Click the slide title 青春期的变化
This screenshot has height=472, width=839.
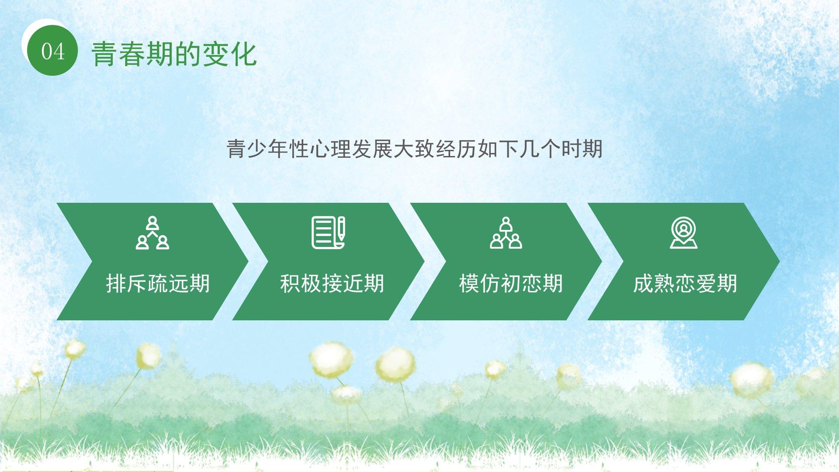point(174,54)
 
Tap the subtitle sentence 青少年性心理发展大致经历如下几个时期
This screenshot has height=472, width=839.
point(415,149)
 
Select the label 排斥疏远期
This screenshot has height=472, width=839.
point(158,283)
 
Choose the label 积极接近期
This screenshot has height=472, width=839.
point(332,283)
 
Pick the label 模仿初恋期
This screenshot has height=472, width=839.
point(511,283)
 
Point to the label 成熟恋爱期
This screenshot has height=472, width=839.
point(685,283)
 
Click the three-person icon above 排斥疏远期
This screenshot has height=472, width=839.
point(152,233)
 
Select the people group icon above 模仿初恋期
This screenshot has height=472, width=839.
point(506,233)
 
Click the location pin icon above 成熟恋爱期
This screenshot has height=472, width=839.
point(683,233)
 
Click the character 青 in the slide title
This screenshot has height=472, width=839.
point(105,54)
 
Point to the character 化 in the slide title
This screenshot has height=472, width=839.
point(243,54)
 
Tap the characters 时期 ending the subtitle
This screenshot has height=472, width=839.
point(582,149)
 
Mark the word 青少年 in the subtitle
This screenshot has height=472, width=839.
point(258,149)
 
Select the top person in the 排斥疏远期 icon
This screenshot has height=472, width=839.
point(152,222)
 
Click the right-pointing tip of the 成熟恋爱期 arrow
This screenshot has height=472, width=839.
point(780,261)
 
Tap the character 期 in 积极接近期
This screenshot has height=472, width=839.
point(374,283)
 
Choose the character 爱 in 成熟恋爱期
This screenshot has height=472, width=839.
point(706,283)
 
